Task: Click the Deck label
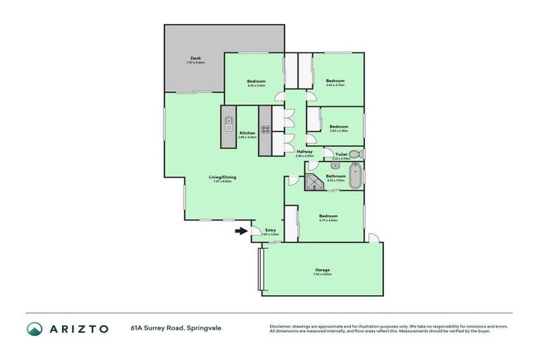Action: tap(195, 58)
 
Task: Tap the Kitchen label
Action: tap(247, 133)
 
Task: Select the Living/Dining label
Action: tap(221, 177)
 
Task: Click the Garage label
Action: tap(323, 270)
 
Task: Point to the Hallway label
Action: tap(304, 151)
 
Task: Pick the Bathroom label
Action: tap(335, 176)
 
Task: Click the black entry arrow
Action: tap(240, 230)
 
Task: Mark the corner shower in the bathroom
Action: tap(312, 184)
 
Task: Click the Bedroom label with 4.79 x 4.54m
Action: tap(328, 216)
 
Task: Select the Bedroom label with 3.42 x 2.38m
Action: tap(339, 127)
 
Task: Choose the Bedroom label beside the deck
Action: tap(256, 82)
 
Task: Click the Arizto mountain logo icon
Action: tap(34, 328)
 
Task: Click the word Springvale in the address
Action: tap(203, 328)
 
